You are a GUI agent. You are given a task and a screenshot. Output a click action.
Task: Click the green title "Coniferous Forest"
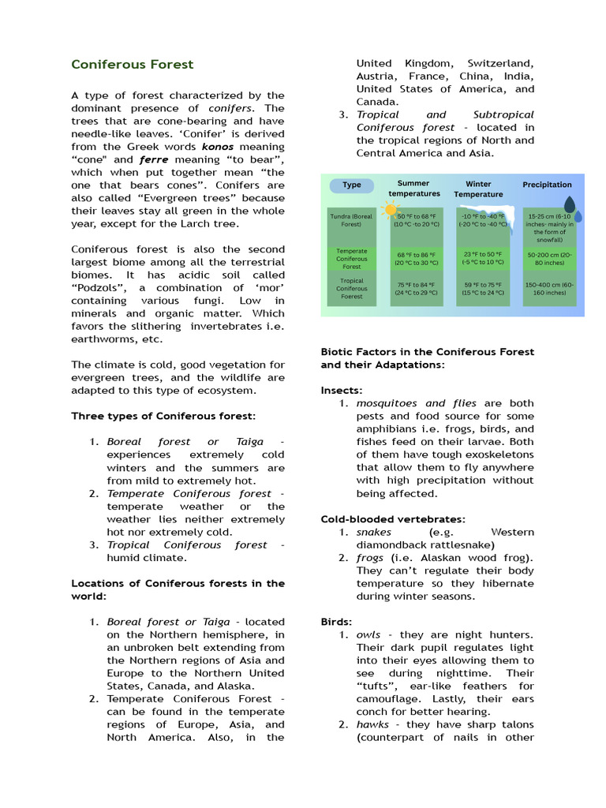(x=132, y=65)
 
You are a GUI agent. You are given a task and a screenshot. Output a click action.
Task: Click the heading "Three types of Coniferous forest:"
(x=163, y=416)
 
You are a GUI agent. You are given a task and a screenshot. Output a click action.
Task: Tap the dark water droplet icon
(x=570, y=207)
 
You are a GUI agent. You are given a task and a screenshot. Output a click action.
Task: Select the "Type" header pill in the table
(x=352, y=185)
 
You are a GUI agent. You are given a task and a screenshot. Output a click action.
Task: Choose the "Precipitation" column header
(x=547, y=185)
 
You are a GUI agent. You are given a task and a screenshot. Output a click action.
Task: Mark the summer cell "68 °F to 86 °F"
(x=417, y=259)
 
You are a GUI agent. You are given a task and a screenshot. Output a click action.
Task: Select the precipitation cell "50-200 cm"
(x=549, y=259)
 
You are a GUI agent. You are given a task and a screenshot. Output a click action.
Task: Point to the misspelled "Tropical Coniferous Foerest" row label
(x=351, y=288)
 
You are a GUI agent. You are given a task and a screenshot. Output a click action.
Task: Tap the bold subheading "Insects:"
(x=342, y=391)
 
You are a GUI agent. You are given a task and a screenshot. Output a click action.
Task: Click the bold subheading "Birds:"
(x=337, y=621)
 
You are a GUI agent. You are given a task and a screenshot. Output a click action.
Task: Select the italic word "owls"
(x=368, y=634)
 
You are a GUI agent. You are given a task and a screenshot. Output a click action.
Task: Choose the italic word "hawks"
(x=372, y=724)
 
